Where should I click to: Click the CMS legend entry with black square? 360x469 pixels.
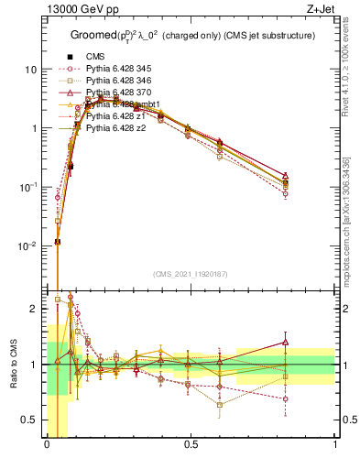(x=97, y=58)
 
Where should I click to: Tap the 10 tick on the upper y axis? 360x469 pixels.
(x=32, y=70)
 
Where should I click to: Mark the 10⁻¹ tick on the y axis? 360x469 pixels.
(x=30, y=187)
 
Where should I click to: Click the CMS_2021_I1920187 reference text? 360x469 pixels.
(x=190, y=273)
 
